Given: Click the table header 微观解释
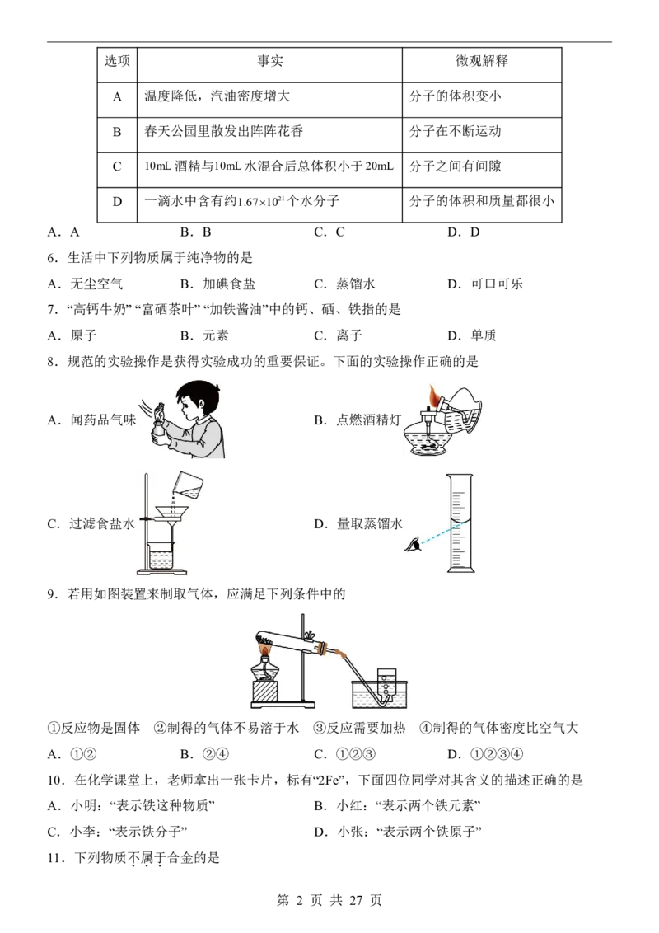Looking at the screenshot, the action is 482,61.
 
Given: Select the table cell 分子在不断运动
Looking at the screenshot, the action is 455,132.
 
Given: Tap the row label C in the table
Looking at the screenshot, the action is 117,166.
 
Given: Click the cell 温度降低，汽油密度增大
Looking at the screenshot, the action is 217,96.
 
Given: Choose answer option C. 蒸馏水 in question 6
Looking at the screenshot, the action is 344,284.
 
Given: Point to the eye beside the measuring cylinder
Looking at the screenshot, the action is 414,544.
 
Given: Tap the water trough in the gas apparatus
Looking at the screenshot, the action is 380,694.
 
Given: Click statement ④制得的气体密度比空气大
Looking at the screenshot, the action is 499,728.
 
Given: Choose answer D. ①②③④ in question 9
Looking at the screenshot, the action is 485,754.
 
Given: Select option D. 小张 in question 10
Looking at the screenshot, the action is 398,832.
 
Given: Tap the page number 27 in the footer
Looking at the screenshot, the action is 356,900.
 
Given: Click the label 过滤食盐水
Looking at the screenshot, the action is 102,523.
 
